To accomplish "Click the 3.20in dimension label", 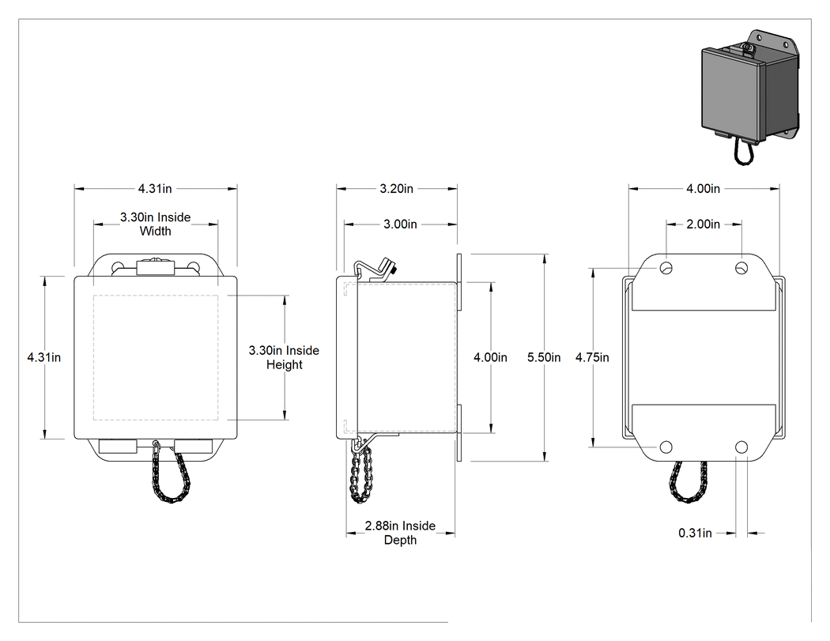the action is [x=397, y=188].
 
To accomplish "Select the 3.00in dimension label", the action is [x=400, y=224].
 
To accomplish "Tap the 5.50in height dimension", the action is [x=544, y=357].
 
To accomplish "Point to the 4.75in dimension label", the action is [x=592, y=357].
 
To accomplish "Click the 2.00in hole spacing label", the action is [x=703, y=224].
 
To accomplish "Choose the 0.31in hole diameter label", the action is [x=695, y=533].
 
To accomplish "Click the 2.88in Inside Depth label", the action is [x=400, y=533].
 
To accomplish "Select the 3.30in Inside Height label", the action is [x=285, y=357].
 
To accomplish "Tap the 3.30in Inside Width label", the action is [x=155, y=224].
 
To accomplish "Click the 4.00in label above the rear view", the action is [x=703, y=188].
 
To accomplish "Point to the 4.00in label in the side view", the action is [x=490, y=357].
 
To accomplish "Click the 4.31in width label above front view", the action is [x=155, y=188].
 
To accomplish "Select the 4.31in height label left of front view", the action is [x=44, y=357].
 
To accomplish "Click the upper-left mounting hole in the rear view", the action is [x=666, y=268].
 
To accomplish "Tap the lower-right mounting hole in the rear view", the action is [x=741, y=447].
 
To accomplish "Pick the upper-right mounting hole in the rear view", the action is [x=741, y=268].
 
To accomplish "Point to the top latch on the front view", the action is [x=155, y=267].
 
